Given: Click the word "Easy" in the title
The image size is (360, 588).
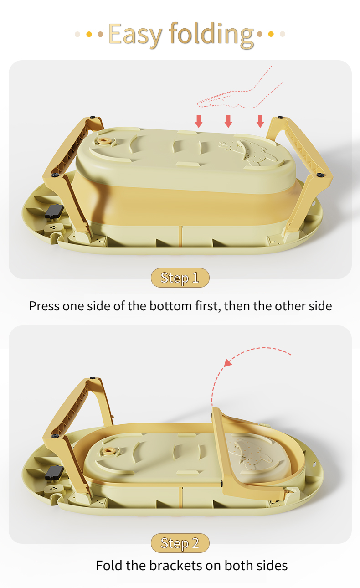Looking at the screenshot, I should [x=135, y=34].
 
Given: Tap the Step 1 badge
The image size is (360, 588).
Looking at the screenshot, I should [x=180, y=278].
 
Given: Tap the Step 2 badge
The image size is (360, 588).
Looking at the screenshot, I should [x=180, y=543].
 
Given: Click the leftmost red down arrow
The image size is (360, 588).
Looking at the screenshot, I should [x=199, y=121].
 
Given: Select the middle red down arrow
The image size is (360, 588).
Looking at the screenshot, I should [x=229, y=121].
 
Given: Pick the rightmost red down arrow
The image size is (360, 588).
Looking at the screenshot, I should [x=260, y=121].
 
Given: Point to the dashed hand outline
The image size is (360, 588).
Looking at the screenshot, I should [x=242, y=93].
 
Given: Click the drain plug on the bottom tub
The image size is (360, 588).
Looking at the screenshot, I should [x=109, y=451].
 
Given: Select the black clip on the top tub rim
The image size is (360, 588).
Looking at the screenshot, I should [x=54, y=211].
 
